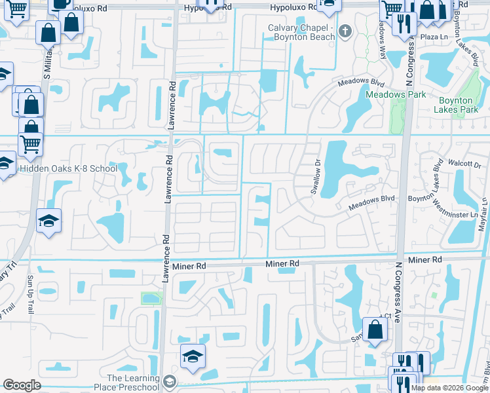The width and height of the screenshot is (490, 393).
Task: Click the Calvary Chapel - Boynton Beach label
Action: coord(302,31)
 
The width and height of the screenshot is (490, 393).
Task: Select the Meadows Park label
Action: coord(395,94)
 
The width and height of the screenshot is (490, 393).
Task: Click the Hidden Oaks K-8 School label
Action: coord(68,169)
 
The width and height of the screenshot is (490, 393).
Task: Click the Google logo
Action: coord(22,385)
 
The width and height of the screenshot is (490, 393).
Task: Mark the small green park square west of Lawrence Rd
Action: coord(151,299)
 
